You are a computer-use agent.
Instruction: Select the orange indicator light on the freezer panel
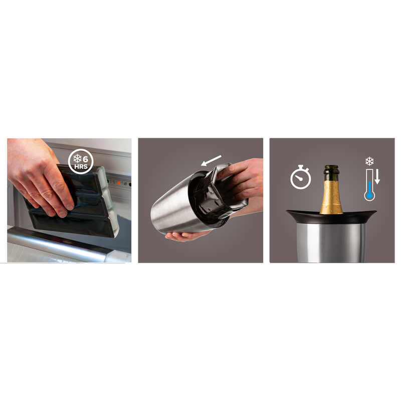tap(119, 183)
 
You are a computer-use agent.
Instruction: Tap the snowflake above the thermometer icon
tap(369, 161)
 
